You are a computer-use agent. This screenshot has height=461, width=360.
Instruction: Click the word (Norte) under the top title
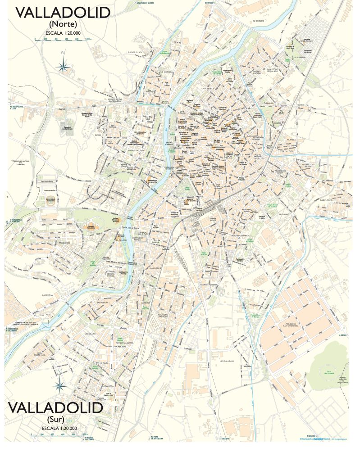click(x=63, y=23)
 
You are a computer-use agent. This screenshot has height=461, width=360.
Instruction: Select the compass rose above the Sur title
click(x=59, y=385)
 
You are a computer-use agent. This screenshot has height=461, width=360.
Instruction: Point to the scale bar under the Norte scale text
click(x=63, y=40)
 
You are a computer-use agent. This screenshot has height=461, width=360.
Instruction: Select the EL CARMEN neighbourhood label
click(x=300, y=57)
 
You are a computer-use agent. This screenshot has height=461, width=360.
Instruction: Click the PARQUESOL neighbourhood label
click(x=57, y=242)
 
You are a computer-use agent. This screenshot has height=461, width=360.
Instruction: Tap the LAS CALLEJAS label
click(x=228, y=361)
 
